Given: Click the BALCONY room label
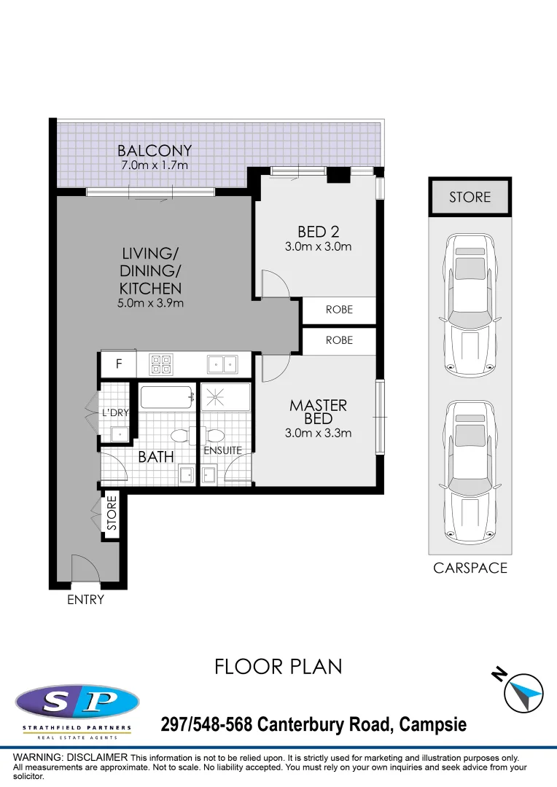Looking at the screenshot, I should (155, 151).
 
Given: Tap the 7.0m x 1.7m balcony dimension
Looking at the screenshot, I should (155, 165).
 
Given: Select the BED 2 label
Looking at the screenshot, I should (318, 232).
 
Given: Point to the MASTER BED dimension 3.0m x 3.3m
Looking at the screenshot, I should (318, 433).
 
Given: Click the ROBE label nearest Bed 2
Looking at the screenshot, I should (339, 310).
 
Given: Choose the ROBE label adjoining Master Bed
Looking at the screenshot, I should (339, 340).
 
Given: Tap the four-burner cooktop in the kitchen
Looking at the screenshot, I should (160, 364).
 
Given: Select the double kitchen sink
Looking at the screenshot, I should (222, 364).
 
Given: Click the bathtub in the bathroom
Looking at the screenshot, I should (167, 398).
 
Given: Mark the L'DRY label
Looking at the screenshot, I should (114, 412).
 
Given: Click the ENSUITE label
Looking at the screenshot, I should (222, 450).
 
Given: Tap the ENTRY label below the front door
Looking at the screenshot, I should (85, 600).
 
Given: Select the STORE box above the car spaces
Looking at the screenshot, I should (470, 197).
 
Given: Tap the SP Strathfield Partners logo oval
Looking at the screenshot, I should (77, 702).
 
